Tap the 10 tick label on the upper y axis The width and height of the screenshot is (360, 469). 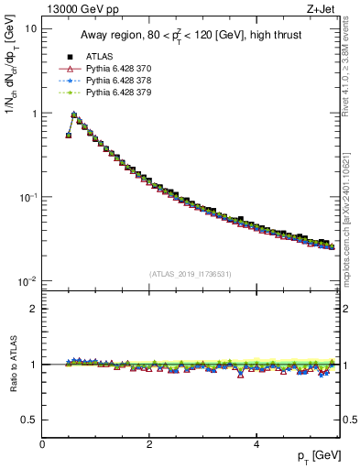[x=30, y=29]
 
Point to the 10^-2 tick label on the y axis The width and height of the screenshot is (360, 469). [x=27, y=281]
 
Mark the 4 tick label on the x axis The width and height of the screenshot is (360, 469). [x=256, y=444]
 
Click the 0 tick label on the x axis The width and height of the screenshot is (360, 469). [x=43, y=444]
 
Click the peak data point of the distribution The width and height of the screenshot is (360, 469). [x=74, y=115]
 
